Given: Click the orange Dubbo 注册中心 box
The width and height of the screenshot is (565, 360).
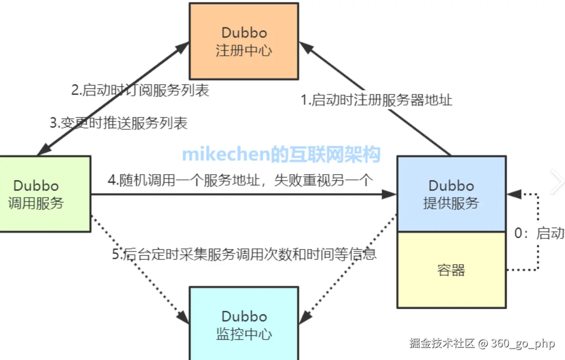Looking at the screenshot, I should (244, 41).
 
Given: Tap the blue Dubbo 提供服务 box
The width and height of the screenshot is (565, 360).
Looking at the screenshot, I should (451, 194).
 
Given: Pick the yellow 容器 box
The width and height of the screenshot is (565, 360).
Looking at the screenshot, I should (451, 270).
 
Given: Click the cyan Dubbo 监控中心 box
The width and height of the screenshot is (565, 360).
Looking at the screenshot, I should (244, 324).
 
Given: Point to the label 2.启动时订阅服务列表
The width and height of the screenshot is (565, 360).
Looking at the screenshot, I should (140, 90).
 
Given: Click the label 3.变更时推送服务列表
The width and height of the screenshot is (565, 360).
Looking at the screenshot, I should (118, 123).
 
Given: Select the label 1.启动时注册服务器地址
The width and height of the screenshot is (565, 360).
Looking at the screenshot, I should (376, 100).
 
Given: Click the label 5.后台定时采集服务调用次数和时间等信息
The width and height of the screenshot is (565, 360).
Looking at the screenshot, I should (244, 254).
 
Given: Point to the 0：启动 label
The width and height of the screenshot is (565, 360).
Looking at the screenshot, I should (539, 233).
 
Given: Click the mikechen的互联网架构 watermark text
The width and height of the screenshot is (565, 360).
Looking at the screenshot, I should (281, 154).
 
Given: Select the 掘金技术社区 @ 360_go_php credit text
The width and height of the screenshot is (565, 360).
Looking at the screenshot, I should (482, 343).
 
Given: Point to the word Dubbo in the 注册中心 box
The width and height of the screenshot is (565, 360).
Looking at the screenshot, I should (244, 33).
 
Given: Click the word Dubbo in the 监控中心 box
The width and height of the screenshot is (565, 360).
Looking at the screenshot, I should (244, 316).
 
